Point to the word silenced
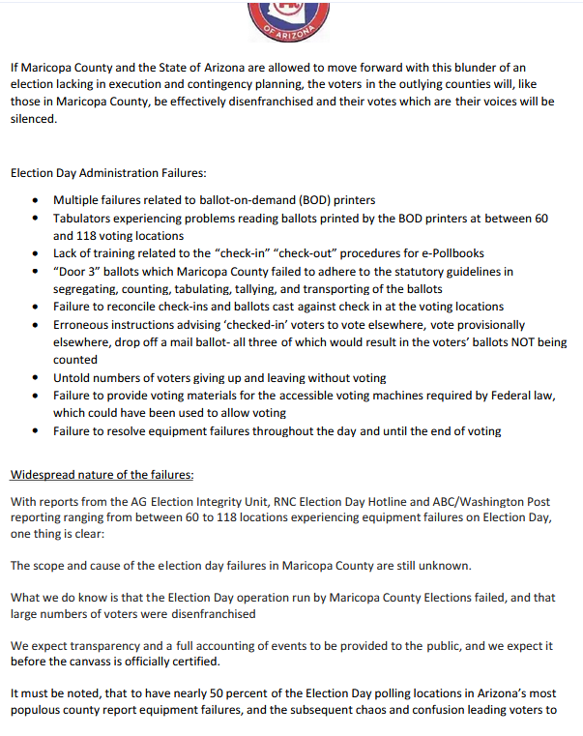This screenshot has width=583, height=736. click(34, 120)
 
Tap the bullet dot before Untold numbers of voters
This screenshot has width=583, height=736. click(36, 378)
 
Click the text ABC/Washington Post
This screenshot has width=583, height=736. click(482, 501)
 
